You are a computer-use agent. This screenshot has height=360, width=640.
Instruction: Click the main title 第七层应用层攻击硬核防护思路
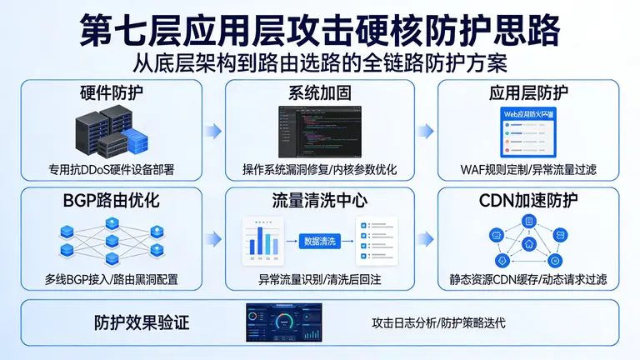(320, 29)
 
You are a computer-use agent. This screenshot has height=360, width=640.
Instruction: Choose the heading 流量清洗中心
(319, 201)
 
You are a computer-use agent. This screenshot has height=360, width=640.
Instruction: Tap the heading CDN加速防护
(527, 201)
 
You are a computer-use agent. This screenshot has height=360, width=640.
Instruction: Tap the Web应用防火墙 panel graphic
(528, 129)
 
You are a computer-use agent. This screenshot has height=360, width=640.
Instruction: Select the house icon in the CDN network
(528, 245)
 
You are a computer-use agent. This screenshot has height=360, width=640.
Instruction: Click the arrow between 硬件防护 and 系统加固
(214, 131)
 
